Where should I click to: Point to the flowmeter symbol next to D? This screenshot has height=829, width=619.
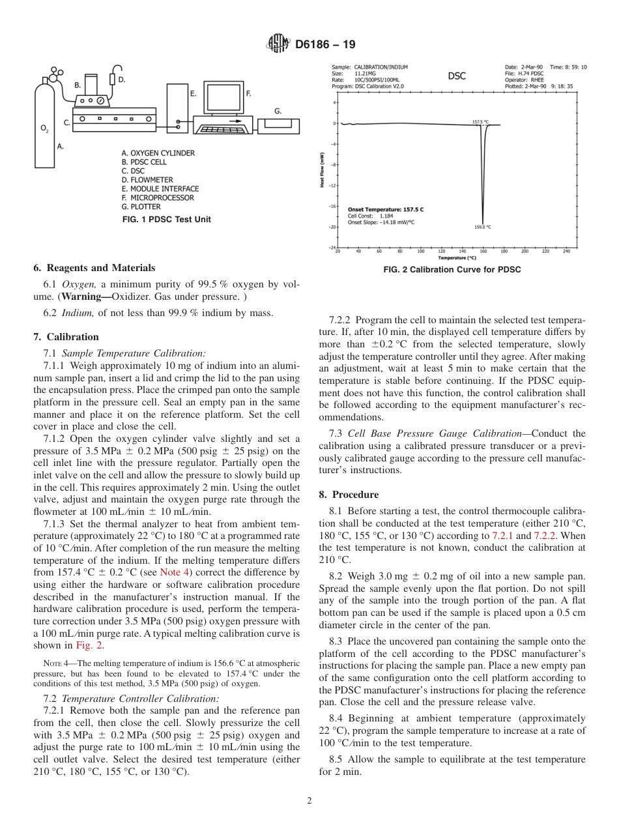coord(113,79)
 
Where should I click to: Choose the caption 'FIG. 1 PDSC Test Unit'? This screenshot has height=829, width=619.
coord(167,220)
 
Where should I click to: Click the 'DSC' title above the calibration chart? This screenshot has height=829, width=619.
coord(457,76)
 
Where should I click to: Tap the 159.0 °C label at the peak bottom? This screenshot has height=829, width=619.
coord(482,227)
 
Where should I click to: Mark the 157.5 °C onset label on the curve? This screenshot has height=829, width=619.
coord(480,121)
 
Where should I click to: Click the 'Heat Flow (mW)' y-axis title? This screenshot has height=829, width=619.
coord(323,170)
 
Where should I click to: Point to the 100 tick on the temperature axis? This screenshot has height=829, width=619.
coord(420,251)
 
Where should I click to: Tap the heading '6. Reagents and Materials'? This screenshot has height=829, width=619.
coord(94,268)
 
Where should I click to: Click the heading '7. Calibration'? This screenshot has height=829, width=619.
coord(66,337)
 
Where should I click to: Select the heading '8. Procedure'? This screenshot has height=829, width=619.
coord(349,495)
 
